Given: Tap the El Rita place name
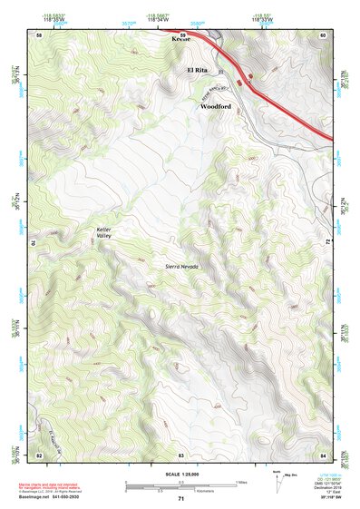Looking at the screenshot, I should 199,70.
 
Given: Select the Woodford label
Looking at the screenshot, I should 215,105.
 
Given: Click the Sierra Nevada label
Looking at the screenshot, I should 181,265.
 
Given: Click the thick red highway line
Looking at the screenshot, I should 272,90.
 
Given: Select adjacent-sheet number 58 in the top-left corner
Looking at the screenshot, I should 39,34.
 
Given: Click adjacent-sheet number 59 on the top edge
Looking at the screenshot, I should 181,34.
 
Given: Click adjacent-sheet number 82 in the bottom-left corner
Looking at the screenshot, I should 39,454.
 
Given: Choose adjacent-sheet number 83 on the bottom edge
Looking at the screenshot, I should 181,454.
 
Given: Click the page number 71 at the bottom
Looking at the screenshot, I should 181,499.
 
